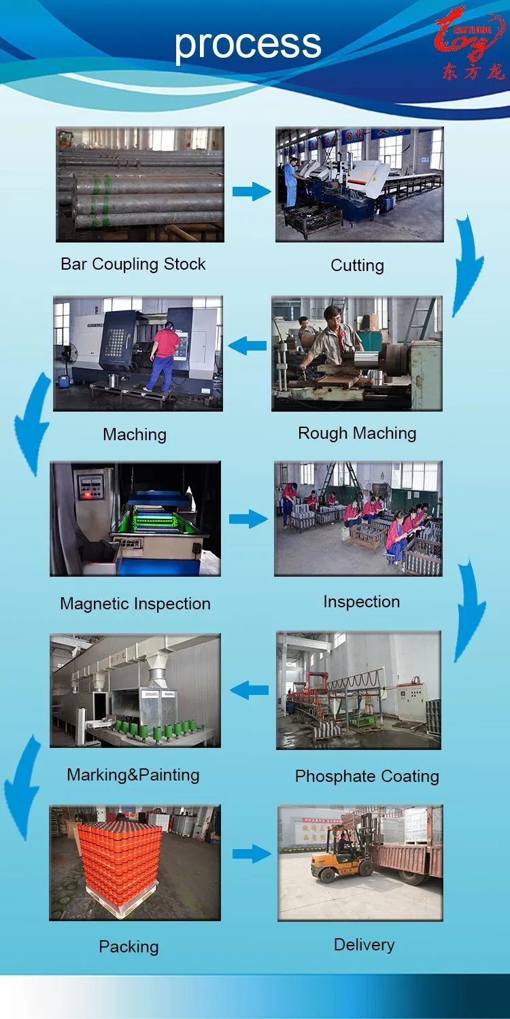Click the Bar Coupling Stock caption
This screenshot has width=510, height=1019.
[133, 264]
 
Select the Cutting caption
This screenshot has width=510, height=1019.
[357, 266]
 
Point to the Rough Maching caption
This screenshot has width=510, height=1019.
[357, 433]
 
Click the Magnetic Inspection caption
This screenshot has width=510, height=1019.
[135, 604]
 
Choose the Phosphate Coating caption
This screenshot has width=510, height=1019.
[367, 776]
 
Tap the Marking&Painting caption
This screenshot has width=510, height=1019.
[133, 775]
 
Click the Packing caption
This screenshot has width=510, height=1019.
[129, 946]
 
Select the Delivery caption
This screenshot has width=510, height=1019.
[364, 945]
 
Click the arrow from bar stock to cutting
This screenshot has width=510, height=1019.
[251, 192]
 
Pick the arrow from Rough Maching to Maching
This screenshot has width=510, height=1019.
[248, 346]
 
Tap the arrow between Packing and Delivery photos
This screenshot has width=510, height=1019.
[251, 854]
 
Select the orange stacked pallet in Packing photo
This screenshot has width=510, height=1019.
[119, 859]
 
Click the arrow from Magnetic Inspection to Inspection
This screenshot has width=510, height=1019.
[248, 520]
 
